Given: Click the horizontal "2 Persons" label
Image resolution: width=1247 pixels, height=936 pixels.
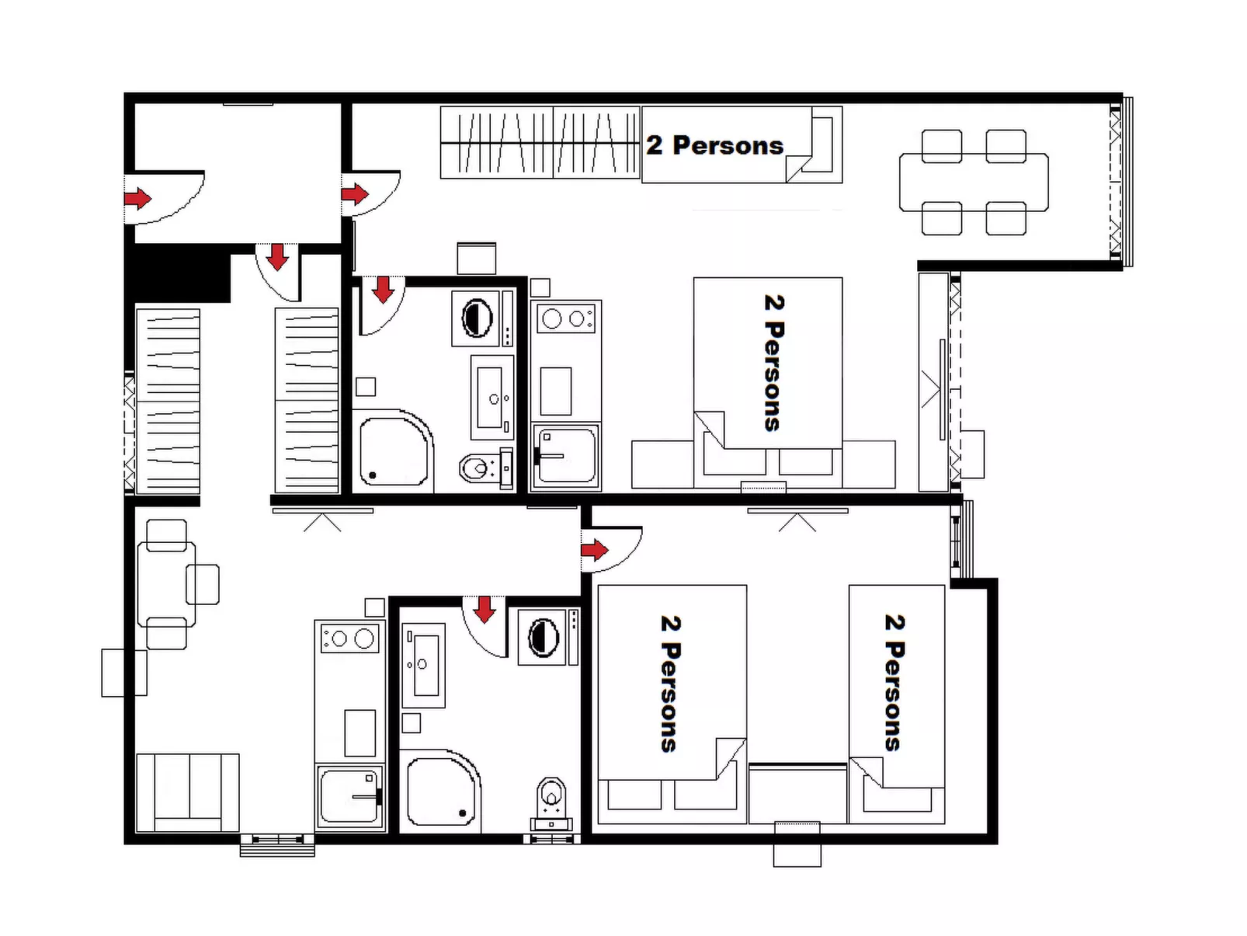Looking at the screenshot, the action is coord(714,145).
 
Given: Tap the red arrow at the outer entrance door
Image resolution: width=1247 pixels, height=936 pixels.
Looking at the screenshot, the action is coord(138,199).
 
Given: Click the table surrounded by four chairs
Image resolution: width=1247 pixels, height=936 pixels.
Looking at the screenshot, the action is coord(974,182).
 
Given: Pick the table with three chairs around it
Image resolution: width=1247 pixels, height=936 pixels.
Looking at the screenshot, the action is coord(166,584).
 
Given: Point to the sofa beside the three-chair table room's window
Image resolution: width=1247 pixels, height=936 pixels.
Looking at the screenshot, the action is coord(188,793).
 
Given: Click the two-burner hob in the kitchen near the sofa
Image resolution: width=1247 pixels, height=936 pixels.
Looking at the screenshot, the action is coord(349,638).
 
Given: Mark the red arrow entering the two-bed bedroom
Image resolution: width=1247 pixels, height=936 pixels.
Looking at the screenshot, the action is coord(595,550).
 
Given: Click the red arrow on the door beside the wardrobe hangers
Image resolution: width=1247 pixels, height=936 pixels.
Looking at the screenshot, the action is coord(355,193).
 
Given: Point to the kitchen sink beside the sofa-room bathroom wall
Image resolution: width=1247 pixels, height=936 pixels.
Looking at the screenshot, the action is coord(349,794).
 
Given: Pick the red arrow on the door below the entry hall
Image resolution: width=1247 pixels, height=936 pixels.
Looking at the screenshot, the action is coord(278,257).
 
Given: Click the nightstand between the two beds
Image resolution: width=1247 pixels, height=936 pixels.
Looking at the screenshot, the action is coord(797,793).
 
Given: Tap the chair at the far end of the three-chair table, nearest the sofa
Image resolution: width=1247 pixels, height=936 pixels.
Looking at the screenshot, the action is coord(166,633).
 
